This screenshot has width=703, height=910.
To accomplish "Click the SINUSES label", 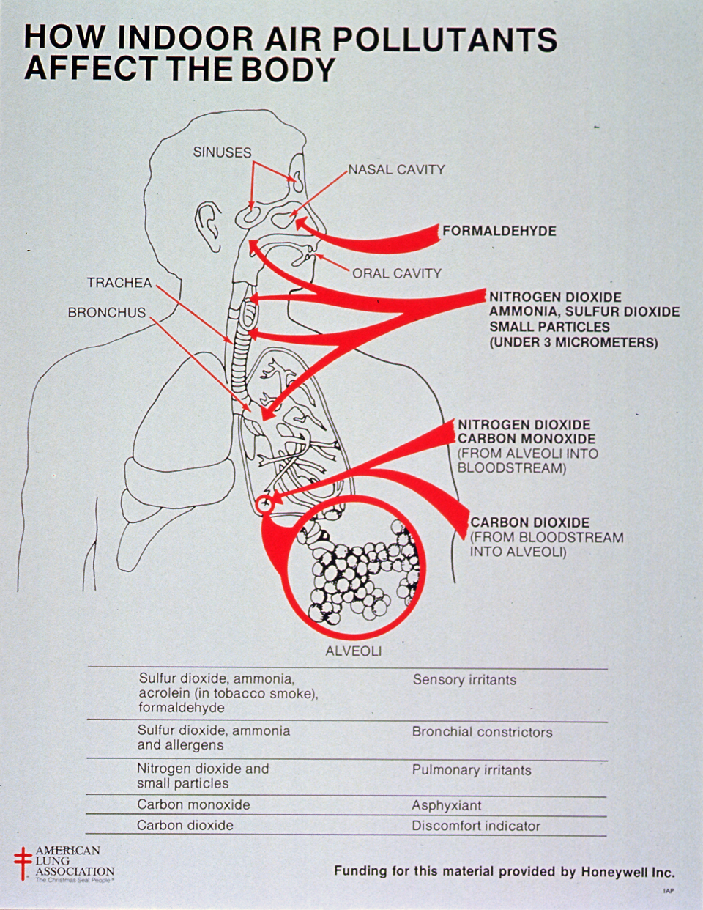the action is (222, 152).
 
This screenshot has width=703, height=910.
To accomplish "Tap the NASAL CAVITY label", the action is (396, 169).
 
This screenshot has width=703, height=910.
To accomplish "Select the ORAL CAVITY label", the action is (397, 273).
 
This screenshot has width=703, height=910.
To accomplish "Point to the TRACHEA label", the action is (119, 283).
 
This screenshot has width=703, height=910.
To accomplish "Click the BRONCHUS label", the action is (107, 312).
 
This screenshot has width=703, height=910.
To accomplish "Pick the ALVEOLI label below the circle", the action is (354, 651).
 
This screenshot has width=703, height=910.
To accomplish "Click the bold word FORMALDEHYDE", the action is (499, 231).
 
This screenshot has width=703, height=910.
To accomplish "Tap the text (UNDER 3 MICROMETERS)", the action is (573, 343).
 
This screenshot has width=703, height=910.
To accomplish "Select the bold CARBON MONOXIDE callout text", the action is (527, 439).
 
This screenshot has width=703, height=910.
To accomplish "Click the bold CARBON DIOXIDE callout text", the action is (529, 522).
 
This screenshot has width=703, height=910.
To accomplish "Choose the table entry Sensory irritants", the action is (464, 680).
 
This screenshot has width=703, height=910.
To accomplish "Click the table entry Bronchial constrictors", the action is (482, 732).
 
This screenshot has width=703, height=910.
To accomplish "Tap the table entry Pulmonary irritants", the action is (472, 770).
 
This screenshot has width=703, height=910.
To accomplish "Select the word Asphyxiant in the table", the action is (447, 805).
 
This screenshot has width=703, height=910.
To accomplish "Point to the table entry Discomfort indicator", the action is (476, 826).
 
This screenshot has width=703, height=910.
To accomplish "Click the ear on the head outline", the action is (209, 226).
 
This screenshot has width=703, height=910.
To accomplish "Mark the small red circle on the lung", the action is (264, 504).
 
